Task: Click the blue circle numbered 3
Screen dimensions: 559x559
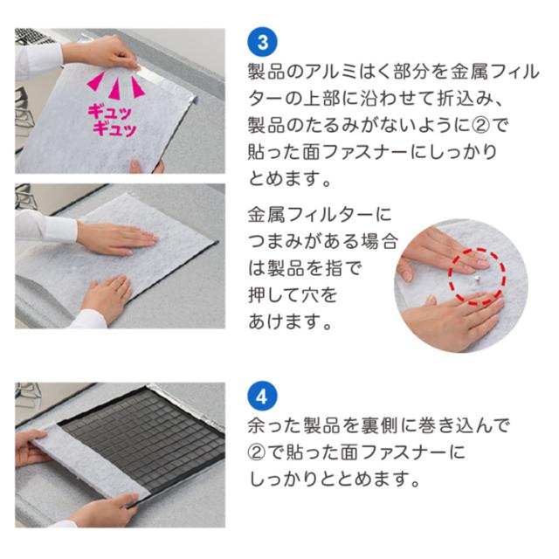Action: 262,42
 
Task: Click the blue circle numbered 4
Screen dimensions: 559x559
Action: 262,396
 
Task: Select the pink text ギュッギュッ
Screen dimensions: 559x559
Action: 112,121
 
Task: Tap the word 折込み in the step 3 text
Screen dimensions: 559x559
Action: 460,99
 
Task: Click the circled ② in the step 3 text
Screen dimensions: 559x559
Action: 480,126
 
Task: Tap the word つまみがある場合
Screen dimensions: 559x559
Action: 323,241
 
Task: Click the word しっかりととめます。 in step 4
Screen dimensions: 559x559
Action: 334,480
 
